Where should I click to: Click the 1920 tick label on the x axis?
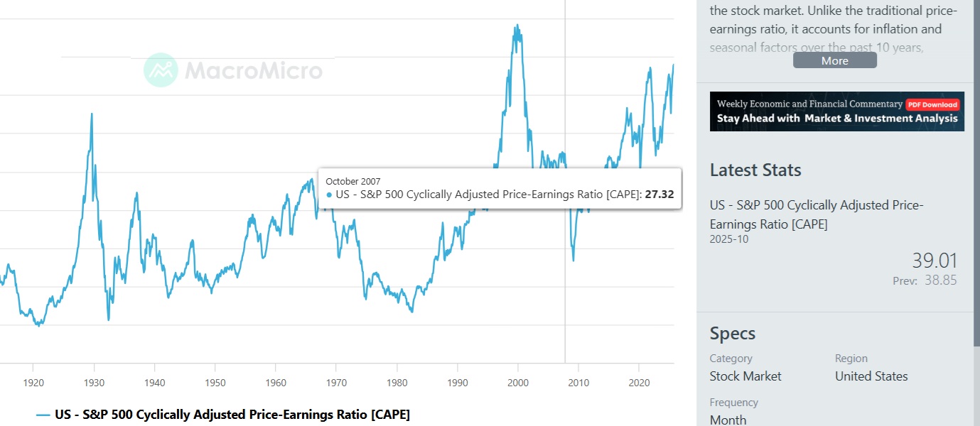click(33, 383)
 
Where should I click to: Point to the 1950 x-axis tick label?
click(215, 383)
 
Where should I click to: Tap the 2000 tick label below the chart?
click(518, 383)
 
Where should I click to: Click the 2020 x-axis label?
click(640, 383)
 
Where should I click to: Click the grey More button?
click(834, 60)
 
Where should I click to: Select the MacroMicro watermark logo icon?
click(161, 70)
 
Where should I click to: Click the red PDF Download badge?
click(933, 104)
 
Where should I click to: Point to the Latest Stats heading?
click(755, 170)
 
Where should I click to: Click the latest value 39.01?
click(935, 261)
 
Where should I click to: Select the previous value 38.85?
click(940, 280)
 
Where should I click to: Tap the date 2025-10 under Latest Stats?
click(728, 239)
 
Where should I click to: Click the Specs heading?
click(733, 334)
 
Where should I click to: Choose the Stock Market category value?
click(745, 376)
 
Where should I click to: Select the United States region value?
click(871, 376)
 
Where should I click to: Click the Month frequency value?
click(728, 420)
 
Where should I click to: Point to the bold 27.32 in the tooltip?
click(659, 195)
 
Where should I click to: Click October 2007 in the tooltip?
click(353, 181)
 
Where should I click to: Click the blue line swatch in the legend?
click(43, 415)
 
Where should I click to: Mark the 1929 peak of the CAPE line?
click(92, 114)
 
